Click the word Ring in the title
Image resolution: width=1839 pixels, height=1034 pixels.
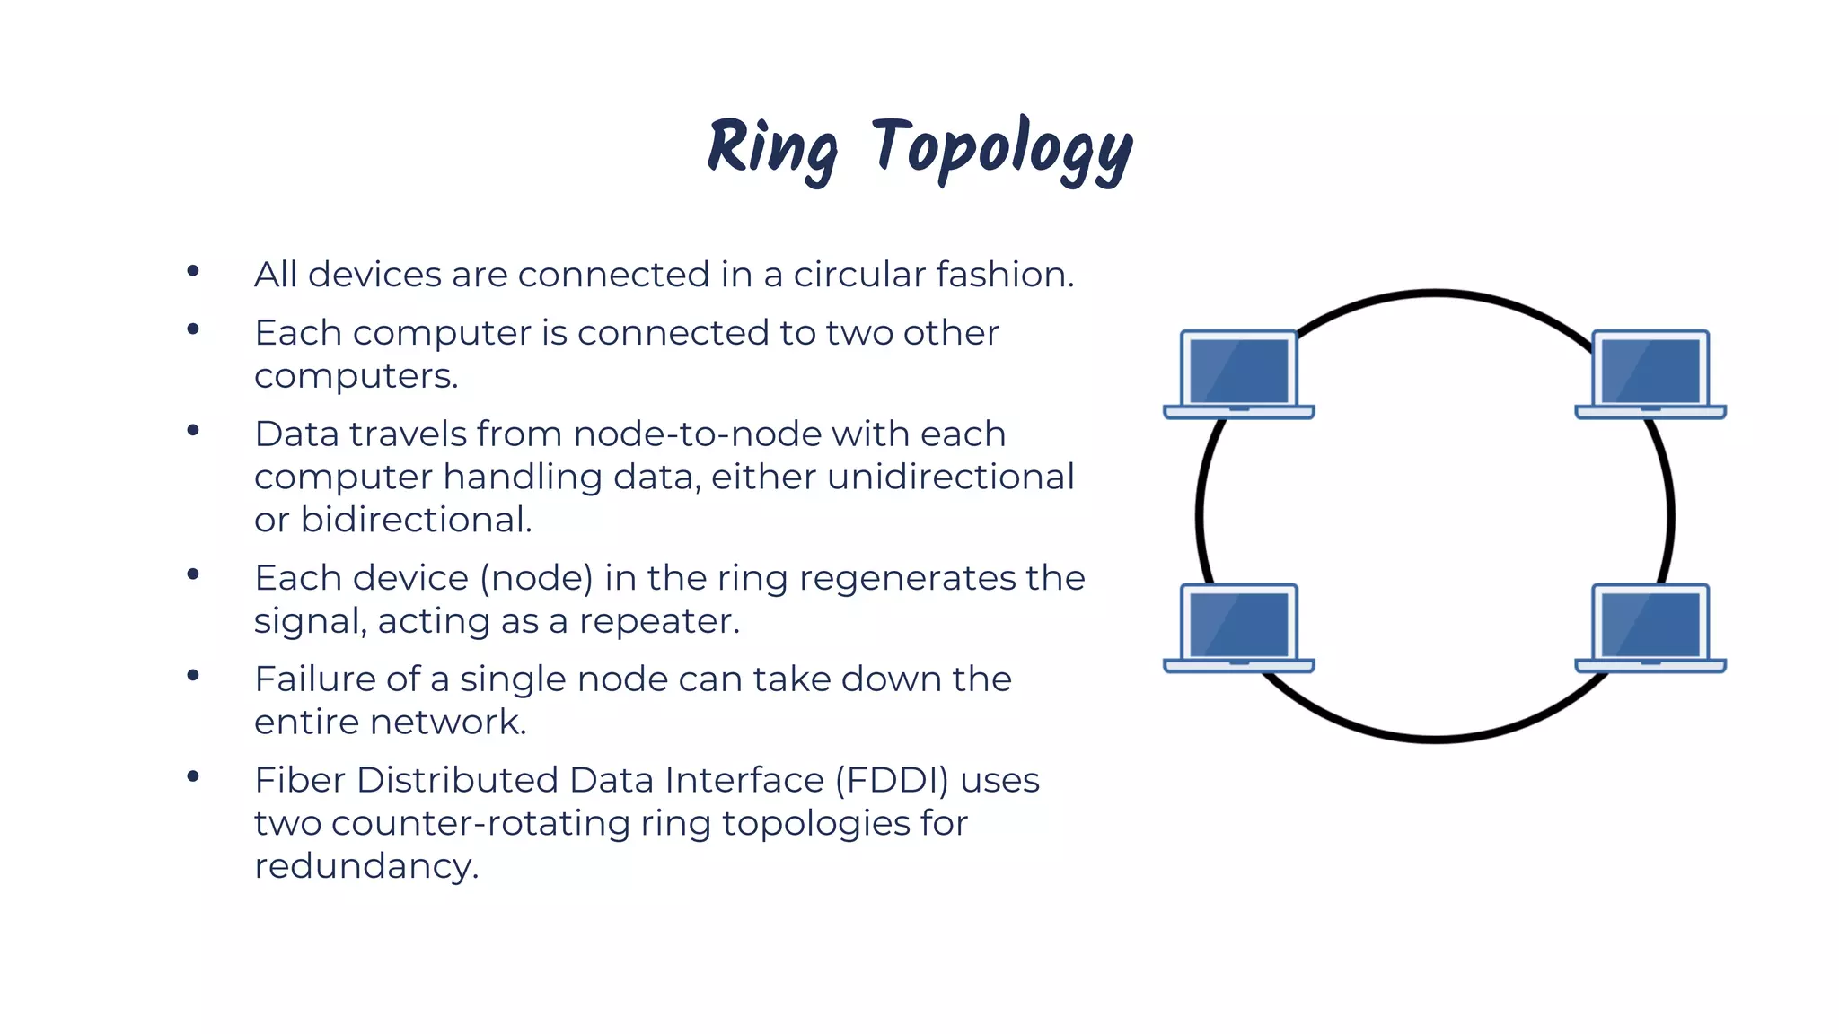pyautogui.click(x=772, y=149)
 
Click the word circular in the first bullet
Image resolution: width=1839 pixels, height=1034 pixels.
pyautogui.click(x=858, y=275)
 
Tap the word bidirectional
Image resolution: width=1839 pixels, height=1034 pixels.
pyautogui.click(x=416, y=521)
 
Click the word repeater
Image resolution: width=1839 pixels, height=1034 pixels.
pyautogui.click(x=659, y=621)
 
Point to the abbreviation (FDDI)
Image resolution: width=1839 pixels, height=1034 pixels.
pyautogui.click(x=892, y=781)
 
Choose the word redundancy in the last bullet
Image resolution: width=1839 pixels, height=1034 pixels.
pyautogui.click(x=366, y=867)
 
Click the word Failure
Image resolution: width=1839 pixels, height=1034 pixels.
pyautogui.click(x=313, y=679)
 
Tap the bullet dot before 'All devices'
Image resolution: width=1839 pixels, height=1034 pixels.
pyautogui.click(x=193, y=271)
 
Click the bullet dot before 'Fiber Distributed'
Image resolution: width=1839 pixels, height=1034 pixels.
pyautogui.click(x=193, y=777)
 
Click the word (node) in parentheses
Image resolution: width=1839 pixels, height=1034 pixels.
pyautogui.click(x=536, y=579)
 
